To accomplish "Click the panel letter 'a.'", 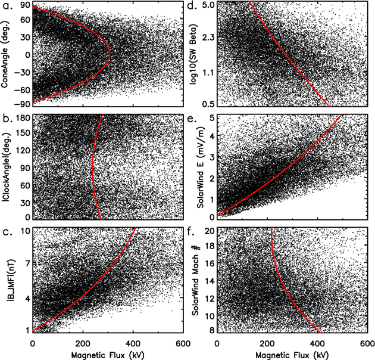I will (7, 7).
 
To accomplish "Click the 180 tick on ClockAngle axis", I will (22, 119).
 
